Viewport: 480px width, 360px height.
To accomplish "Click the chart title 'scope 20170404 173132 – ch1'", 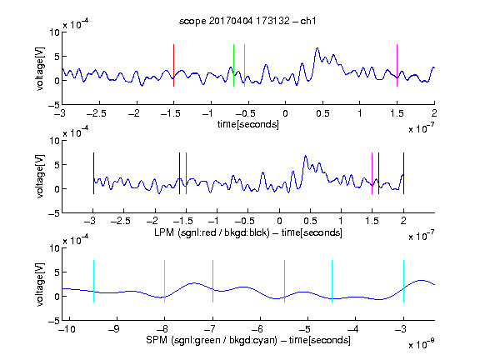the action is [247, 21].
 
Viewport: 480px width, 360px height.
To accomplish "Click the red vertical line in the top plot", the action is [173, 65].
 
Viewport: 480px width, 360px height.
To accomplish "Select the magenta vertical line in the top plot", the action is [397, 65].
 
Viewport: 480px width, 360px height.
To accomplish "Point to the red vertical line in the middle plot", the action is [186, 173].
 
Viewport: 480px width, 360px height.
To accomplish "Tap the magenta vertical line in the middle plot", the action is [372, 173].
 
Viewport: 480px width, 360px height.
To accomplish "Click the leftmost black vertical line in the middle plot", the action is [93, 173].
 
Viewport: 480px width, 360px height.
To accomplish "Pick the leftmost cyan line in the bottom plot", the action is [93, 282].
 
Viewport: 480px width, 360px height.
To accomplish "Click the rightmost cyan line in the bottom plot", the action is [404, 282].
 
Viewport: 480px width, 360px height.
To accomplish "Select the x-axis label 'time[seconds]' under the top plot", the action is [248, 125].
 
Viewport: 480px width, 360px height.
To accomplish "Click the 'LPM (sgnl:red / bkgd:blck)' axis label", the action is [212, 232].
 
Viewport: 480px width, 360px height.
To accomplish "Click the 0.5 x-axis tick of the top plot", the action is [322, 113].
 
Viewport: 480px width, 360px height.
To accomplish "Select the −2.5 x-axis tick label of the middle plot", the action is [121, 221].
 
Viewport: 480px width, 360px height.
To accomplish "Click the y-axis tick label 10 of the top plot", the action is [54, 32].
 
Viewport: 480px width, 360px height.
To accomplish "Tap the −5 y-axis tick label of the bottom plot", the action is [54, 321].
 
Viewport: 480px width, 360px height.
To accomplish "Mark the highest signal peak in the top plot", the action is [317, 48].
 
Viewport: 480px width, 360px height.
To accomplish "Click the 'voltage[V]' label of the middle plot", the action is [40, 177].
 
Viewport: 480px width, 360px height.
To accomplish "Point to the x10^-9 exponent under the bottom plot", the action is [422, 344].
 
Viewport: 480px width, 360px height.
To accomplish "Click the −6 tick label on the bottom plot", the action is [260, 329].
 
